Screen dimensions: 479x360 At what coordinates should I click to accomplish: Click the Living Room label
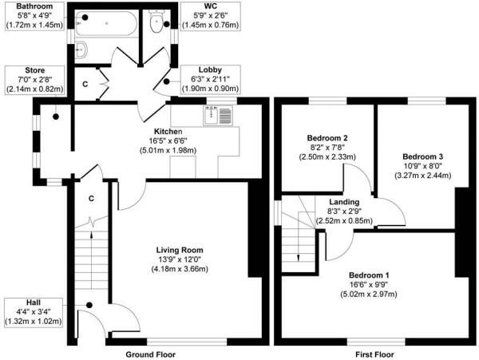(x=180, y=250)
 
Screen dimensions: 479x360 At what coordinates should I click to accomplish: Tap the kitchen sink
(x=218, y=116)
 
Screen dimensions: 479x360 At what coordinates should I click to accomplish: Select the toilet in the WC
(x=156, y=20)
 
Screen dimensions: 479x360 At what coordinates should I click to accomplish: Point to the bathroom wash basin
(x=81, y=49)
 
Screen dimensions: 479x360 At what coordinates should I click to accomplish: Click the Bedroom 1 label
(x=369, y=275)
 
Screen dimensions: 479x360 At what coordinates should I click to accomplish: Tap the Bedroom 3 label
(x=422, y=156)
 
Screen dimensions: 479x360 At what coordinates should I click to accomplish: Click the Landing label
(x=344, y=202)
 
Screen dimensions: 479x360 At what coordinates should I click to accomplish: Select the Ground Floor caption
(x=151, y=354)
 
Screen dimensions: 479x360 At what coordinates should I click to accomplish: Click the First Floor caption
(x=374, y=354)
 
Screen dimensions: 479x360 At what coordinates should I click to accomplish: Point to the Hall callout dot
(x=89, y=305)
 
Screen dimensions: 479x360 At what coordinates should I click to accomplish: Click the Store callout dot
(x=56, y=117)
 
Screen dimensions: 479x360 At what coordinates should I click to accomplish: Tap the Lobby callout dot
(x=167, y=81)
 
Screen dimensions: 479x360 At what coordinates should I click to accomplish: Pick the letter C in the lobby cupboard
(x=85, y=84)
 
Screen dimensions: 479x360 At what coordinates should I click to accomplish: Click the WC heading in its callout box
(x=211, y=6)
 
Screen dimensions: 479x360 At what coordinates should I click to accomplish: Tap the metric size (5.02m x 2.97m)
(x=369, y=294)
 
